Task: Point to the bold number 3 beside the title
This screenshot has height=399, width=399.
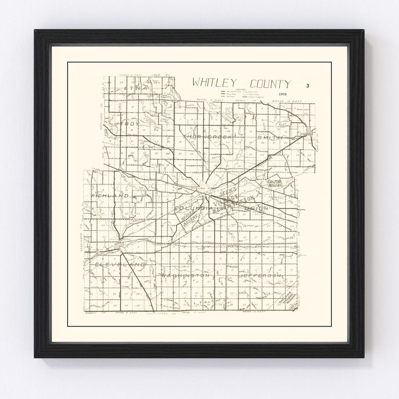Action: click(307, 86)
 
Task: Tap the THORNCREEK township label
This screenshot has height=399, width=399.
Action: click(207, 137)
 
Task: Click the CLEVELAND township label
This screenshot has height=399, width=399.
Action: click(119, 265)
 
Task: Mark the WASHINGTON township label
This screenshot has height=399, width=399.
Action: click(185, 276)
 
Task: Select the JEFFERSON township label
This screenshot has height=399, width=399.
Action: click(260, 276)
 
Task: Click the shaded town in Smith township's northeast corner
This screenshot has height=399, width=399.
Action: click(309, 130)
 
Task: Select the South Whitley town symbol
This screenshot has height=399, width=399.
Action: click(119, 245)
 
